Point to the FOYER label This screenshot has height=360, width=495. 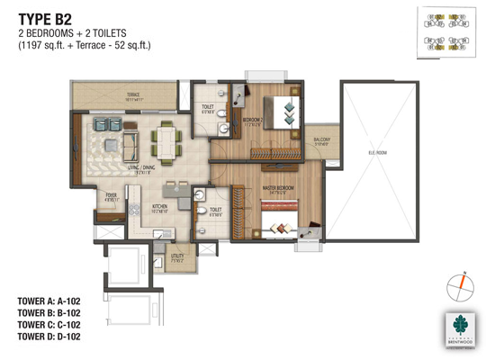112,194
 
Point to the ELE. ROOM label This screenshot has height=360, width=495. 378,154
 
